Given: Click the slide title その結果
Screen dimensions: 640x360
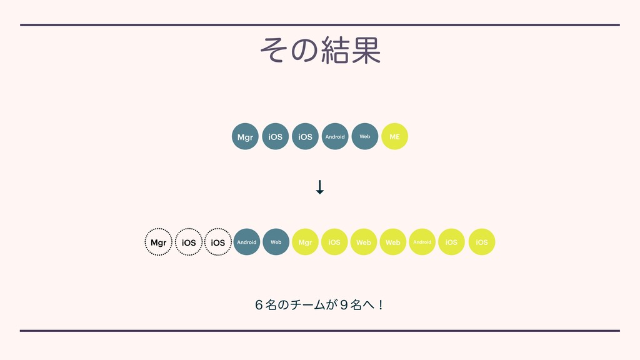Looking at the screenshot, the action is (320, 51).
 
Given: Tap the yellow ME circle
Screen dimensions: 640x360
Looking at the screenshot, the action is (394, 136).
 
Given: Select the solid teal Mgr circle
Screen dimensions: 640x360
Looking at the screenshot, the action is (245, 136).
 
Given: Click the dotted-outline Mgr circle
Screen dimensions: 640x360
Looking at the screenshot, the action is (159, 242).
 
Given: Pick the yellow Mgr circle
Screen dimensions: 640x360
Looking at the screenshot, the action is (305, 242).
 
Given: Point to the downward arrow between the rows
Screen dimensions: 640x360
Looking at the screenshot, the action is (320, 187).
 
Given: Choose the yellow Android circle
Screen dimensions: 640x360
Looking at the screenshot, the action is (422, 242).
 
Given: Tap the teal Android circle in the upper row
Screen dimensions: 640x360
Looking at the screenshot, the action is (335, 136).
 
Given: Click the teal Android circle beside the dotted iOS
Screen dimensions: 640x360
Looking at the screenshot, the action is (247, 242).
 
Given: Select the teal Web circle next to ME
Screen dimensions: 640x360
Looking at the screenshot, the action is (365, 136).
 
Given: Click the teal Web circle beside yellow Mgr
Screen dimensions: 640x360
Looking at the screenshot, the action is (276, 242).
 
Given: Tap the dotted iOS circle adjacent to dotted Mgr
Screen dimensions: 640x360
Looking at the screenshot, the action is (188, 242).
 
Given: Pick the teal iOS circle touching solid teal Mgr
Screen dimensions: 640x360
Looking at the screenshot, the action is (275, 136).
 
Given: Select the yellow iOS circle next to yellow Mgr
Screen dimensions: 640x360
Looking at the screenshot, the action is (334, 242).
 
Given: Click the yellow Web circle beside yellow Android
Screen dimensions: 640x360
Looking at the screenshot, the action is (393, 242).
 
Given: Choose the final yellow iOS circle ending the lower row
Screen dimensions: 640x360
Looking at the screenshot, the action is (482, 242).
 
